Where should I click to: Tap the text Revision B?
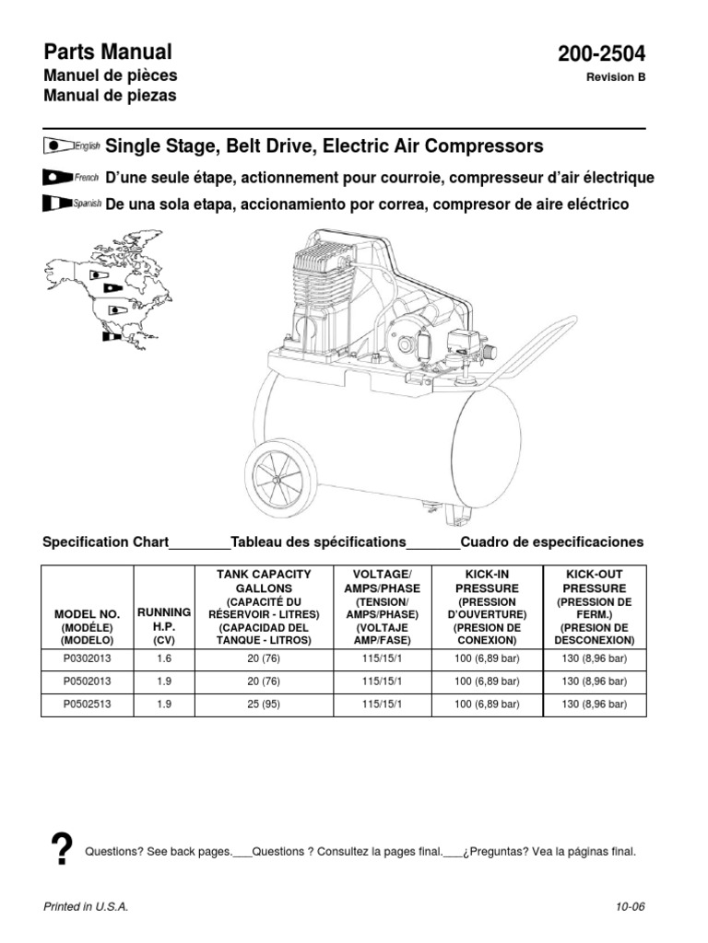pos(616,77)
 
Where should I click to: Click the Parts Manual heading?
pos(108,52)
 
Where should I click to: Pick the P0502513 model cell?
pos(88,704)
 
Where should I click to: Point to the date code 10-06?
pos(631,907)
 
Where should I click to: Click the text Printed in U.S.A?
pos(86,907)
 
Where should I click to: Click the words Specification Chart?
pos(106,541)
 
